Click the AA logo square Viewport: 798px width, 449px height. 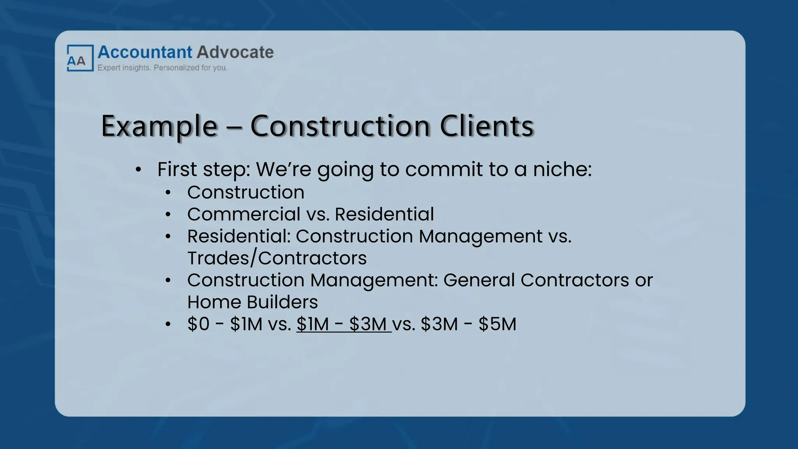(x=80, y=58)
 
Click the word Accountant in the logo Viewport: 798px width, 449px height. (x=145, y=52)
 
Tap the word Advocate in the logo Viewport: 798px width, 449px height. (x=235, y=52)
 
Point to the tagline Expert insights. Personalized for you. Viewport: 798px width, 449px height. (x=162, y=68)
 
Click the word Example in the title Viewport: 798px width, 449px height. (x=159, y=126)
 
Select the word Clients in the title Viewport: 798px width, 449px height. (x=486, y=126)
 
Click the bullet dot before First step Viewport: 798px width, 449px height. (x=138, y=170)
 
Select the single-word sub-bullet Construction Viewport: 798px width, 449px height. (x=245, y=192)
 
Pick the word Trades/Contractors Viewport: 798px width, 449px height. (x=277, y=258)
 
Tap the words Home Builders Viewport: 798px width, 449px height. (x=252, y=302)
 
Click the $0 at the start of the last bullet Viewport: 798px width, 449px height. (x=198, y=324)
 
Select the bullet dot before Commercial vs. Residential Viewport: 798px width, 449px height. (x=168, y=215)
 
